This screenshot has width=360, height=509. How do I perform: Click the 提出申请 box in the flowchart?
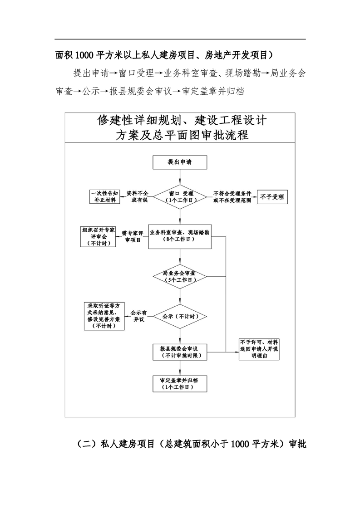coord(180,162)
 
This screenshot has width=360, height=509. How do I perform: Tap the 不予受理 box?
coord(272,197)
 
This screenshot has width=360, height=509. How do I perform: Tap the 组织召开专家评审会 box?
coord(98,236)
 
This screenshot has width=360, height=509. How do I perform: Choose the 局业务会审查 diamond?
coord(180,277)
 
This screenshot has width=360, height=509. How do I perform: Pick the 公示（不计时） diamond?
coord(180,316)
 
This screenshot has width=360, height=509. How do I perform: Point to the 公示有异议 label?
coord(137,316)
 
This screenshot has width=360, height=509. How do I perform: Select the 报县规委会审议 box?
coord(180,352)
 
